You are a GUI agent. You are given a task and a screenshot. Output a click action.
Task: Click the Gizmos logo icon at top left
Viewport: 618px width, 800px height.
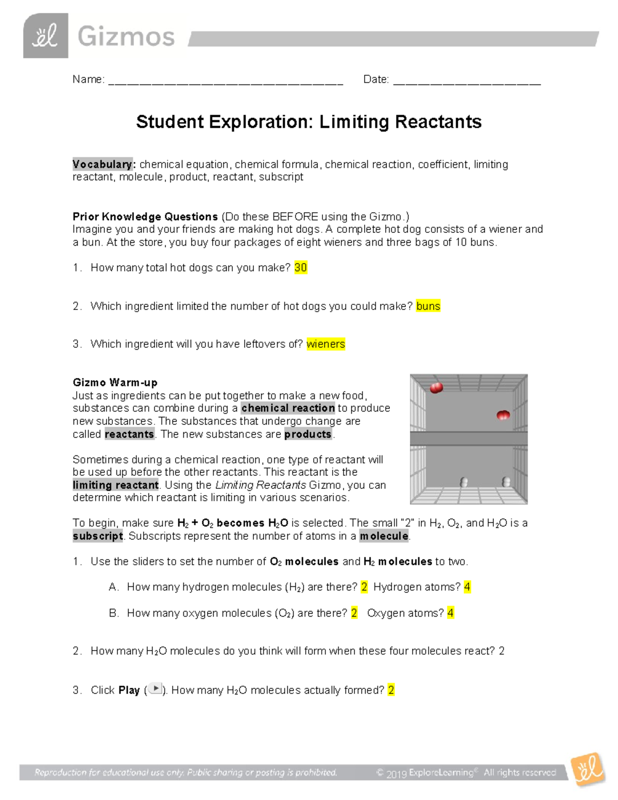click(45, 36)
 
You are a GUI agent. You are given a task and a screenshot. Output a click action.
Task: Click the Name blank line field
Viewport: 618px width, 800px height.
click(226, 80)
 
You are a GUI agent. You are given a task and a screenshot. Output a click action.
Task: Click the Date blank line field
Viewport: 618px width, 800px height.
click(467, 80)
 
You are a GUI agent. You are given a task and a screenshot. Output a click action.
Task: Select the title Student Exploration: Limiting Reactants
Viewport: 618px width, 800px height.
click(308, 122)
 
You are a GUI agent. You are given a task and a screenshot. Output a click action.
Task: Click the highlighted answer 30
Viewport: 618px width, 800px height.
click(301, 267)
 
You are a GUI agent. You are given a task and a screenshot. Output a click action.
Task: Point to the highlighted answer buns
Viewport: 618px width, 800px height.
click(428, 306)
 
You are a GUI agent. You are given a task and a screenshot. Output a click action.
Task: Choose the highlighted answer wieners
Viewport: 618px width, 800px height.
click(325, 344)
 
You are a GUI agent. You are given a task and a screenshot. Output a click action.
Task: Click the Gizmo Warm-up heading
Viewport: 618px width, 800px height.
click(115, 382)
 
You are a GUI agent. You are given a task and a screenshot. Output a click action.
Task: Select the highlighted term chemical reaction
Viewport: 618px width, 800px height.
click(288, 408)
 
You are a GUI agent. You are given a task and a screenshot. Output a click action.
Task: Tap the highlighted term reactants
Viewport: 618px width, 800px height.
click(129, 434)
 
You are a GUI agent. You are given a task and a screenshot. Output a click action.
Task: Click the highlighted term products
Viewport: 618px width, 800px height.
click(308, 434)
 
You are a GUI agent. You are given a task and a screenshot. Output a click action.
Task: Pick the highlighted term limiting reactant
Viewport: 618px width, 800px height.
click(116, 485)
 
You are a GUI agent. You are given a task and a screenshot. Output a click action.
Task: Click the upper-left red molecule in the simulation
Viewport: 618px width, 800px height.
click(436, 388)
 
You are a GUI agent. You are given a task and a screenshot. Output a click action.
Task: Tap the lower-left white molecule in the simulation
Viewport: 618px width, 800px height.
click(464, 482)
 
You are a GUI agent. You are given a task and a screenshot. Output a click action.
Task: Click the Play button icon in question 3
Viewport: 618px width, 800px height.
click(155, 689)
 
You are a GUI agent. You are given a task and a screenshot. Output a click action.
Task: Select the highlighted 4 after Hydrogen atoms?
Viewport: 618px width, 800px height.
click(467, 587)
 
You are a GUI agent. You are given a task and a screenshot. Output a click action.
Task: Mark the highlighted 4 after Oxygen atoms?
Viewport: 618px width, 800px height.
click(451, 613)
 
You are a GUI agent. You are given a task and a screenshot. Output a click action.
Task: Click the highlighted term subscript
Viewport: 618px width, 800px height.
click(98, 536)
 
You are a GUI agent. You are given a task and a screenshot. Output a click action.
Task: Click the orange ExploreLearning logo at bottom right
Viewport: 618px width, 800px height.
click(588, 769)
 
